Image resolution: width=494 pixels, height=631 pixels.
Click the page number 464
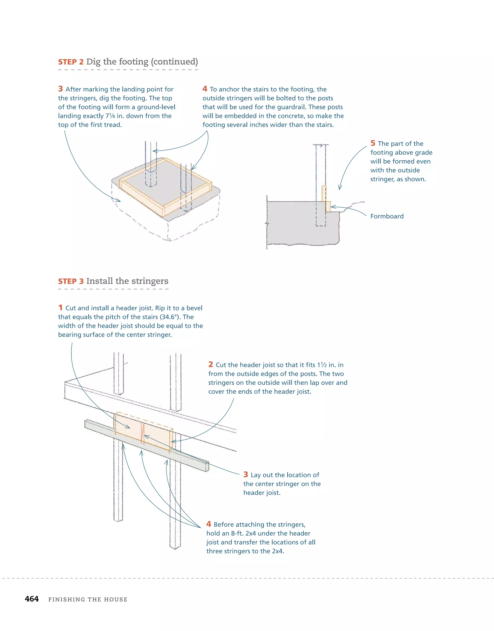pos(32,599)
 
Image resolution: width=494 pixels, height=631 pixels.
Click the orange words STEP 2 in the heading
pos(71,62)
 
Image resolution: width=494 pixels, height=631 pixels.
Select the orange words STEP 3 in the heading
pos(71,281)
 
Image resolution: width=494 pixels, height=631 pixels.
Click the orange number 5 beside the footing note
pos(373,143)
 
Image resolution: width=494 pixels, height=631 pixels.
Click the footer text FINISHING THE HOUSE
pos(88,599)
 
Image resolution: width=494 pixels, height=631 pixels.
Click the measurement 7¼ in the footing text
pos(110,116)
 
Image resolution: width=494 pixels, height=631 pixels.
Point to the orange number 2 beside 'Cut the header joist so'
pos(210,365)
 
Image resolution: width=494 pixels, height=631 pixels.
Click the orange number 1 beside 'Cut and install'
pos(60,308)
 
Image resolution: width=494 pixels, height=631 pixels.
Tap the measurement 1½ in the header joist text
pos(322,365)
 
